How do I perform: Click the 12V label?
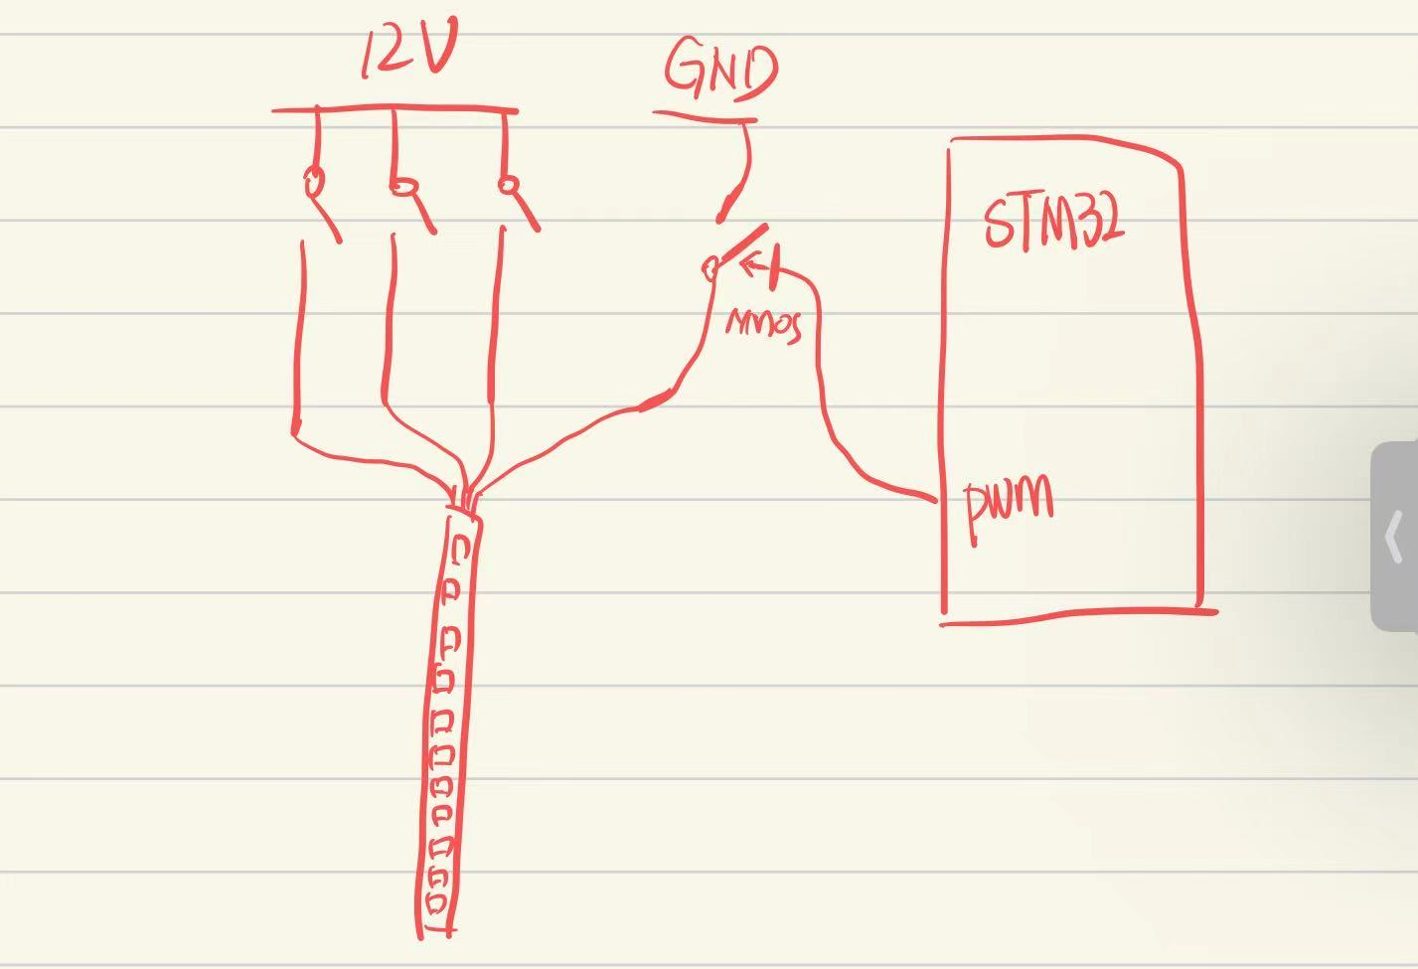pos(408,52)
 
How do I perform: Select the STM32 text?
pos(1054,222)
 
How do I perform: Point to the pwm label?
pos(1010,505)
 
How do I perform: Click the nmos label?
pos(763,324)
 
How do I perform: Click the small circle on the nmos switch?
pos(710,267)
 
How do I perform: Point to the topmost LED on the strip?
pos(460,549)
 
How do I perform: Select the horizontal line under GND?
pos(705,117)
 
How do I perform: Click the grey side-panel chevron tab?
pos(1395,536)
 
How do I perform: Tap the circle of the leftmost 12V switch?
pos(314,182)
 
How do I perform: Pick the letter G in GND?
pos(685,67)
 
